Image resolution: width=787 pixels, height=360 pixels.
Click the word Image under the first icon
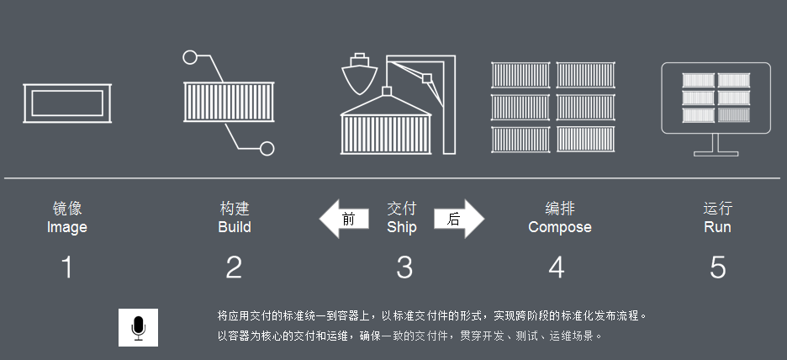click(66, 227)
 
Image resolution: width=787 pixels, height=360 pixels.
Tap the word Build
click(235, 227)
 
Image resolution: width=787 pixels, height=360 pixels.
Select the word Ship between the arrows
click(402, 227)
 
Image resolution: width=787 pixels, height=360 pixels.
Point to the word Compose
click(559, 227)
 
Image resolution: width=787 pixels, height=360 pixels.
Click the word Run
click(717, 227)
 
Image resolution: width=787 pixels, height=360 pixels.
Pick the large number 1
click(67, 267)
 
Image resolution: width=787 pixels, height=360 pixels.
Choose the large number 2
click(234, 267)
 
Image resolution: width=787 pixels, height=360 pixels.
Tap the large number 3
click(404, 267)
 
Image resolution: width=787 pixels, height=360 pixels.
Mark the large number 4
click(557, 267)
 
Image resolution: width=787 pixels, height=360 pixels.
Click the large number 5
click(717, 267)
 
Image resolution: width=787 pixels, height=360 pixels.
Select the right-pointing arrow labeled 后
click(459, 220)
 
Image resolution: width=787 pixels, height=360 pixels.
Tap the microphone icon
click(139, 327)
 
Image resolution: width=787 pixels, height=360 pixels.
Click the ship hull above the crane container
click(360, 77)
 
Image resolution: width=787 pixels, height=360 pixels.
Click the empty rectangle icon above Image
click(67, 103)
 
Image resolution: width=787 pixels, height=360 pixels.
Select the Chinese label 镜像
click(66, 209)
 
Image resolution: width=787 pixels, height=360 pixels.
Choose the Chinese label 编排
click(559, 209)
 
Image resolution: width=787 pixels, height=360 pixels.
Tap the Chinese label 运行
click(717, 209)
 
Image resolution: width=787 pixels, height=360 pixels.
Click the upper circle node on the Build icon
click(191, 58)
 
